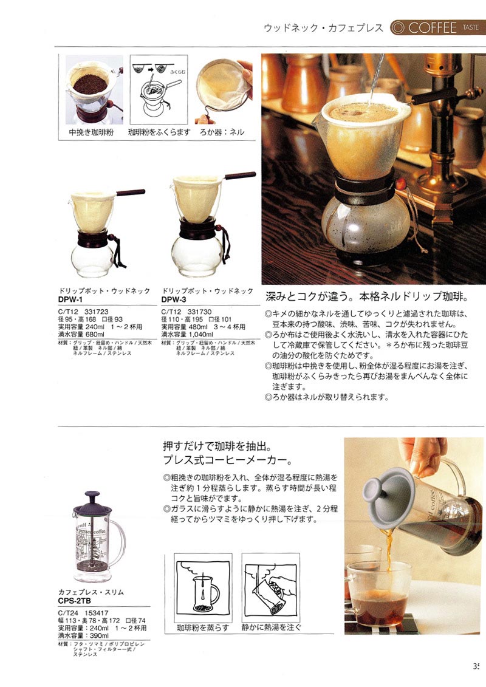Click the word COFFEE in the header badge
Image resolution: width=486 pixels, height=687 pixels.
[433, 27]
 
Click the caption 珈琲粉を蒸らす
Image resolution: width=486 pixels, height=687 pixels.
[202, 626]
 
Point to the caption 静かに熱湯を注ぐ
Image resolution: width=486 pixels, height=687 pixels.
[271, 626]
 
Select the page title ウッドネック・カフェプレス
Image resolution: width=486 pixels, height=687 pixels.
[323, 28]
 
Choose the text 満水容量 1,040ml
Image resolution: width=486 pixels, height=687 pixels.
[188, 334]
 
